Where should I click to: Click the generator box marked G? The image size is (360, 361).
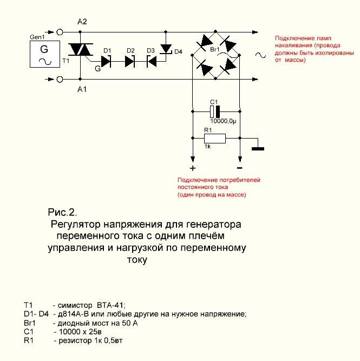coord(45,54)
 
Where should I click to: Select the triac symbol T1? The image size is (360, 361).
coord(81,49)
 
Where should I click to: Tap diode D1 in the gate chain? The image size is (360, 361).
coord(106,62)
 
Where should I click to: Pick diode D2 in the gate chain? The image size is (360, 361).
coord(130,62)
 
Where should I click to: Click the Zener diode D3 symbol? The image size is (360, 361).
coord(152,62)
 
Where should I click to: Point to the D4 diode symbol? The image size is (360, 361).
coord(166,49)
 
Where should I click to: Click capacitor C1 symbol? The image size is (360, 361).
coord(215,111)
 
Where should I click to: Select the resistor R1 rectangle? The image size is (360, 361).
coord(215,139)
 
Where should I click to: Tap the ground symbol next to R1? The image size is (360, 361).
coord(258,149)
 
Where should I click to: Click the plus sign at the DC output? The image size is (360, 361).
coord(193,168)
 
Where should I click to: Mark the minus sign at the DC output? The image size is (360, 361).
coord(240,168)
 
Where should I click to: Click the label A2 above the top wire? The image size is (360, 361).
coord(82,22)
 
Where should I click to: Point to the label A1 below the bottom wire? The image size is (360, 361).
coord(82,89)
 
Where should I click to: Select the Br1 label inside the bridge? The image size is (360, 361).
coord(215,50)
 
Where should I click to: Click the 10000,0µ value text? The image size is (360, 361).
coord(223,121)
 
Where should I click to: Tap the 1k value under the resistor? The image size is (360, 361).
coord(207,147)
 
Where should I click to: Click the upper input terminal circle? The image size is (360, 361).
coord(60,32)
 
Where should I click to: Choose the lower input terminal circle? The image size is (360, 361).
coord(60,79)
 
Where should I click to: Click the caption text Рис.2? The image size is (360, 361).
coord(62,212)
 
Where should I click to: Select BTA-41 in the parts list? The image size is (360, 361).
coord(111,305)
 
